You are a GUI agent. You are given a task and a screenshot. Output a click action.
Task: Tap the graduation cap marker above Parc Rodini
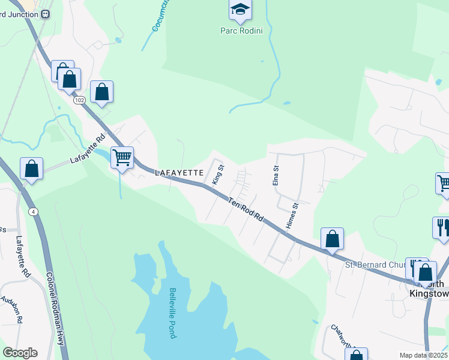coord(240,9)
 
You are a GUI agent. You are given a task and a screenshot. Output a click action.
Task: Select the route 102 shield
coord(80,100)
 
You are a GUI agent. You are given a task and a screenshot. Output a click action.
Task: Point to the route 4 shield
coord(32,211)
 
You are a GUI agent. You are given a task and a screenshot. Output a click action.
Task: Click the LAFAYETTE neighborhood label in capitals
coord(180,173)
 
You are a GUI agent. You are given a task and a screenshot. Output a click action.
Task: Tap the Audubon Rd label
coord(12,310)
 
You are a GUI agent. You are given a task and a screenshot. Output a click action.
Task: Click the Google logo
coord(20,353)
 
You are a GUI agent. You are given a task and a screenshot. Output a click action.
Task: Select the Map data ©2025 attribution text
coord(423,355)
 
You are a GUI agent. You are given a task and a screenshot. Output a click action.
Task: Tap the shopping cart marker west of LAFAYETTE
coord(122,158)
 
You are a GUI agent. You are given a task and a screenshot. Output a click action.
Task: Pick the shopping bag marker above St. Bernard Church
coord(332,239)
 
